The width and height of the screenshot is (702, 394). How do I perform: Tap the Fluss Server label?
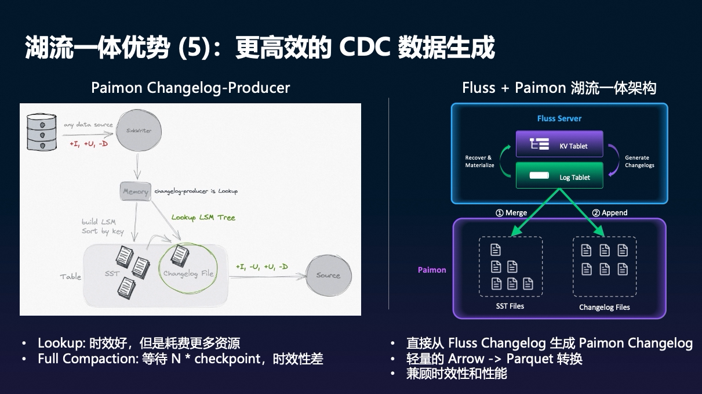pyautogui.click(x=559, y=118)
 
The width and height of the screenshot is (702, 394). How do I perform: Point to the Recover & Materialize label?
pyautogui.click(x=479, y=161)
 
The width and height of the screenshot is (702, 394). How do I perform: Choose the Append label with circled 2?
pyautogui.click(x=609, y=212)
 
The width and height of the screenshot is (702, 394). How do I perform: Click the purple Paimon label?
pyautogui.click(x=432, y=270)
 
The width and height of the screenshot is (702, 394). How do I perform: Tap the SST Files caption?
pyautogui.click(x=510, y=306)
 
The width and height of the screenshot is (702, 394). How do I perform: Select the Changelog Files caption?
pyautogui.click(x=604, y=307)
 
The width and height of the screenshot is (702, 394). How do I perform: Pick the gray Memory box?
pyautogui.click(x=136, y=191)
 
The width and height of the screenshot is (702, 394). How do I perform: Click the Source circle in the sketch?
pyautogui.click(x=328, y=275)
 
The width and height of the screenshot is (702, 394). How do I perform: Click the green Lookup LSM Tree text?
pyautogui.click(x=203, y=218)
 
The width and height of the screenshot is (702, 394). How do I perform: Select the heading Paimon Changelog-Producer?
pyautogui.click(x=190, y=88)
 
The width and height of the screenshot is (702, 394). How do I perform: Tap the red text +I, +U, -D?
pyautogui.click(x=88, y=143)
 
